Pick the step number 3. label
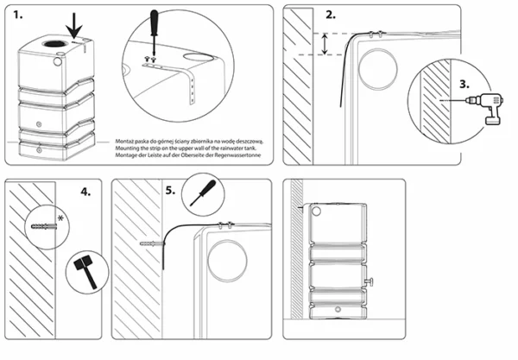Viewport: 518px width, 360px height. coord(463,85)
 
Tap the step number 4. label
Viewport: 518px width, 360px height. coord(83,192)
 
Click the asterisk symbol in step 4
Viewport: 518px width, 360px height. coord(61,216)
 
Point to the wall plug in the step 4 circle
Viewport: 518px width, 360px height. coord(43,225)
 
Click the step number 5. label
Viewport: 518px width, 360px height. coord(171,192)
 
